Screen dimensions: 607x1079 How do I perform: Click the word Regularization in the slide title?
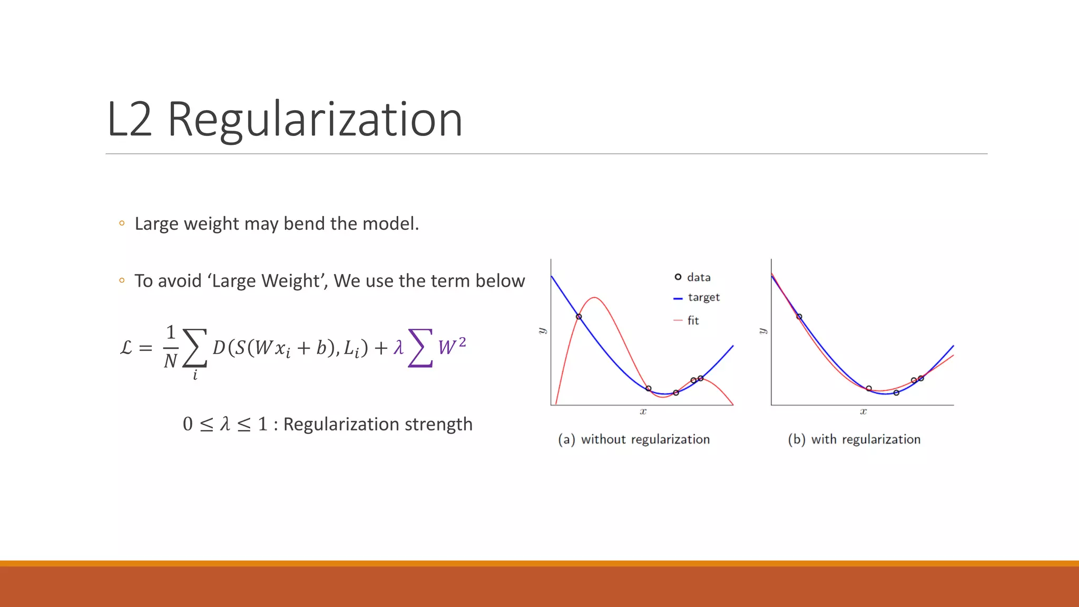(x=315, y=120)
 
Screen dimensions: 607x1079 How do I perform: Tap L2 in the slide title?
(x=129, y=120)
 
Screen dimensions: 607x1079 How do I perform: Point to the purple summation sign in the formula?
(x=420, y=348)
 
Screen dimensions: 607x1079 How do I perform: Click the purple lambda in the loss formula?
(x=398, y=347)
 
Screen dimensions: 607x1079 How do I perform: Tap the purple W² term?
(x=452, y=346)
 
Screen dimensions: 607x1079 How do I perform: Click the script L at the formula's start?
(x=126, y=348)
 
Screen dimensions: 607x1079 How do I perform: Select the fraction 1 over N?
(x=170, y=347)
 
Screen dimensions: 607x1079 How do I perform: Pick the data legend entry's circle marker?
(x=678, y=277)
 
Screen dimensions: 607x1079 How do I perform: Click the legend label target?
(x=703, y=298)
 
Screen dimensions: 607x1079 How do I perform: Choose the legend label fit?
(x=693, y=320)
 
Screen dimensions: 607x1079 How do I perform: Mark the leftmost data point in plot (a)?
(x=578, y=317)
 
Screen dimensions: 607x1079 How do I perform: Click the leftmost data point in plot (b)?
(x=799, y=317)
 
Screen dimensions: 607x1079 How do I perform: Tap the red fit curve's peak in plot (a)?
(x=594, y=298)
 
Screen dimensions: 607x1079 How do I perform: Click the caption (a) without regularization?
(x=634, y=439)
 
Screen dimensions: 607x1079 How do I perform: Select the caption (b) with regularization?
(x=854, y=439)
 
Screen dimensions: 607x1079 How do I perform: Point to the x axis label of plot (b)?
(x=863, y=412)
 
